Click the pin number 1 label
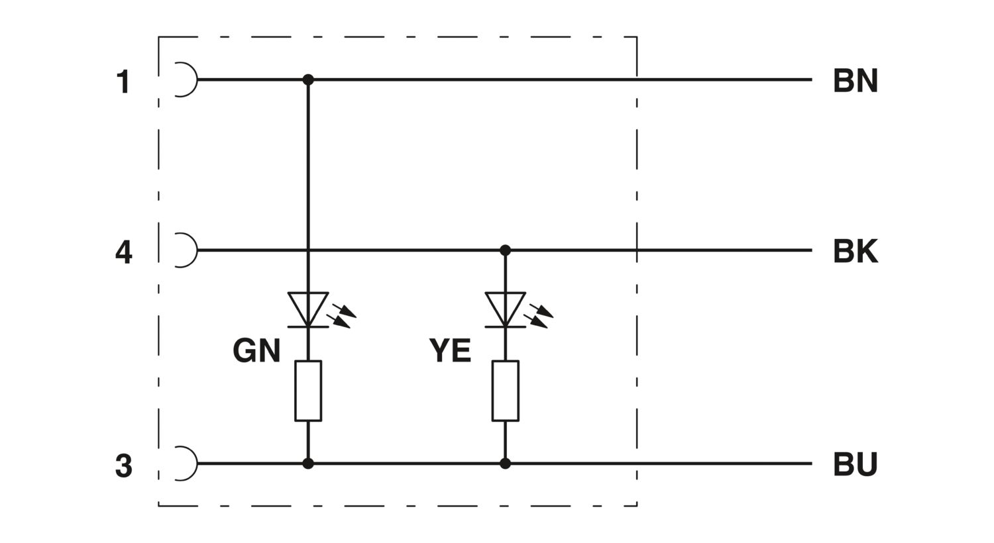[x=123, y=82]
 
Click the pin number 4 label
[x=123, y=252]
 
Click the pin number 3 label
[x=123, y=466]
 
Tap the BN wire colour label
[x=855, y=81]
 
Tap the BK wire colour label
[x=855, y=252]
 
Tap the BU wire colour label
[x=855, y=465]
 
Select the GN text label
[x=256, y=351]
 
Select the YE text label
[x=450, y=351]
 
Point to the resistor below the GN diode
[x=308, y=391]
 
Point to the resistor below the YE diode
[x=505, y=391]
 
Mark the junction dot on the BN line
[x=308, y=79]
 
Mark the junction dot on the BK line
[x=505, y=250]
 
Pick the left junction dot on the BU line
[x=308, y=464]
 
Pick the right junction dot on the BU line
[x=505, y=464]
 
